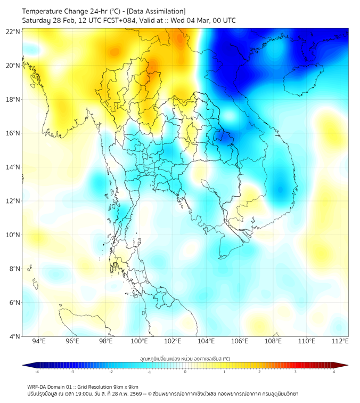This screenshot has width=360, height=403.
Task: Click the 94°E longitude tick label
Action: [x=39, y=342]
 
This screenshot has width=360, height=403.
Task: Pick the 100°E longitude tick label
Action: [x=140, y=342]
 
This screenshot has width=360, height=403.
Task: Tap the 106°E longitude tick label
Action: [x=240, y=342]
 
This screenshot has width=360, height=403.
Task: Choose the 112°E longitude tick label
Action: [x=340, y=342]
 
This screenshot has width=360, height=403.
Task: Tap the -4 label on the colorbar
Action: [x=36, y=372]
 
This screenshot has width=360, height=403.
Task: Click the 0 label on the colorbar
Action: [x=185, y=372]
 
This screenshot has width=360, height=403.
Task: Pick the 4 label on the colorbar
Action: [x=334, y=372]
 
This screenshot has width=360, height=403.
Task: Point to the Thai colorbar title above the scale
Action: [x=185, y=359]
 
